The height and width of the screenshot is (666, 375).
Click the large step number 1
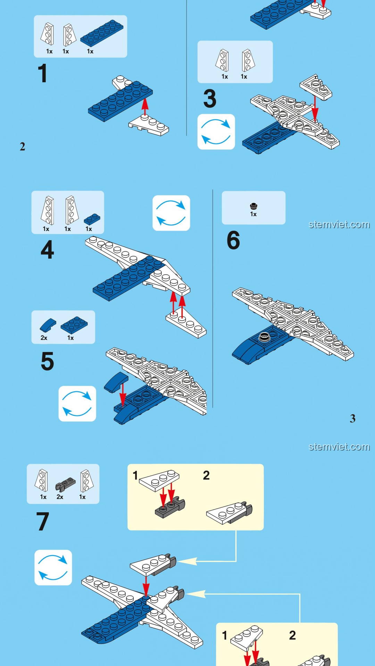click(x=42, y=73)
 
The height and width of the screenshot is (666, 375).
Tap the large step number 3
click(x=210, y=99)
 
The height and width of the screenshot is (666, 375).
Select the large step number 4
click(x=47, y=249)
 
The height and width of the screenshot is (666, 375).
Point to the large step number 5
click(x=47, y=361)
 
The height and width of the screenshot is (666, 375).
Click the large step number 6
click(x=233, y=240)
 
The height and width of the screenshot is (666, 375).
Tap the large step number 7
click(x=43, y=521)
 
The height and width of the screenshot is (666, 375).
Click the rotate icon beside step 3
click(x=216, y=132)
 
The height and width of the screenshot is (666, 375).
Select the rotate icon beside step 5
click(x=77, y=404)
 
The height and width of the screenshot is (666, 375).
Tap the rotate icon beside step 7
click(x=53, y=567)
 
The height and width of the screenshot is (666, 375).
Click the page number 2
click(x=23, y=147)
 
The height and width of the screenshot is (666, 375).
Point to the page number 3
click(x=352, y=419)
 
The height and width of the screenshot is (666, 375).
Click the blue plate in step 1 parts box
click(x=102, y=33)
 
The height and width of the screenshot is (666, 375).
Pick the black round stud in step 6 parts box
click(x=254, y=206)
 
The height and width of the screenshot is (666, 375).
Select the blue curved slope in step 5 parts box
click(x=48, y=325)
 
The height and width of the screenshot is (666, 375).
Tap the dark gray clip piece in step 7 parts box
click(x=66, y=484)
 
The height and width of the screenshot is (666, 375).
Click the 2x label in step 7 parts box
click(x=60, y=497)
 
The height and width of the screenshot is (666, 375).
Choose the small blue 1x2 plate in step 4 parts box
click(x=92, y=219)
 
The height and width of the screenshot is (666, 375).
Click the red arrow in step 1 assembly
click(x=145, y=106)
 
